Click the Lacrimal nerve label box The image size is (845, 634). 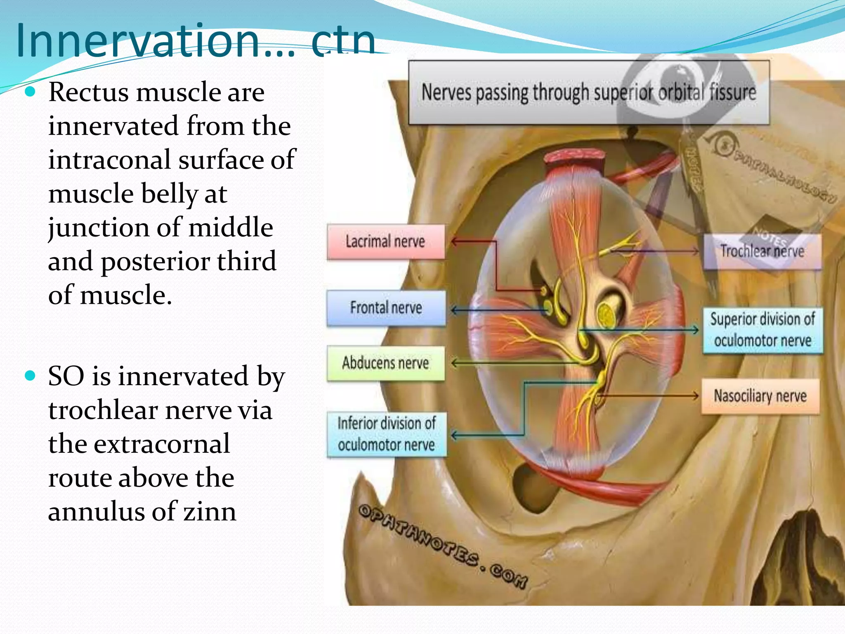click(385, 242)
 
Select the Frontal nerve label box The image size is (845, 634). click(386, 308)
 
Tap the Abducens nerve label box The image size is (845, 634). click(385, 363)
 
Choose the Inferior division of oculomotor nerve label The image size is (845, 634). click(386, 434)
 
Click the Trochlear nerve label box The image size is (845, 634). click(762, 251)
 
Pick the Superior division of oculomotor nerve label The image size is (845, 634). click(762, 330)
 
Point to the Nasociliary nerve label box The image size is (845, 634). click(760, 396)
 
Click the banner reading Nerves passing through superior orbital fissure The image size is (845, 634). click(588, 92)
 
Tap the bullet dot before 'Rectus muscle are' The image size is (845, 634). click(30, 92)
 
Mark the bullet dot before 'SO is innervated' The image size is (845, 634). click(30, 376)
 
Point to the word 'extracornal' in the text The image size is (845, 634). click(162, 445)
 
